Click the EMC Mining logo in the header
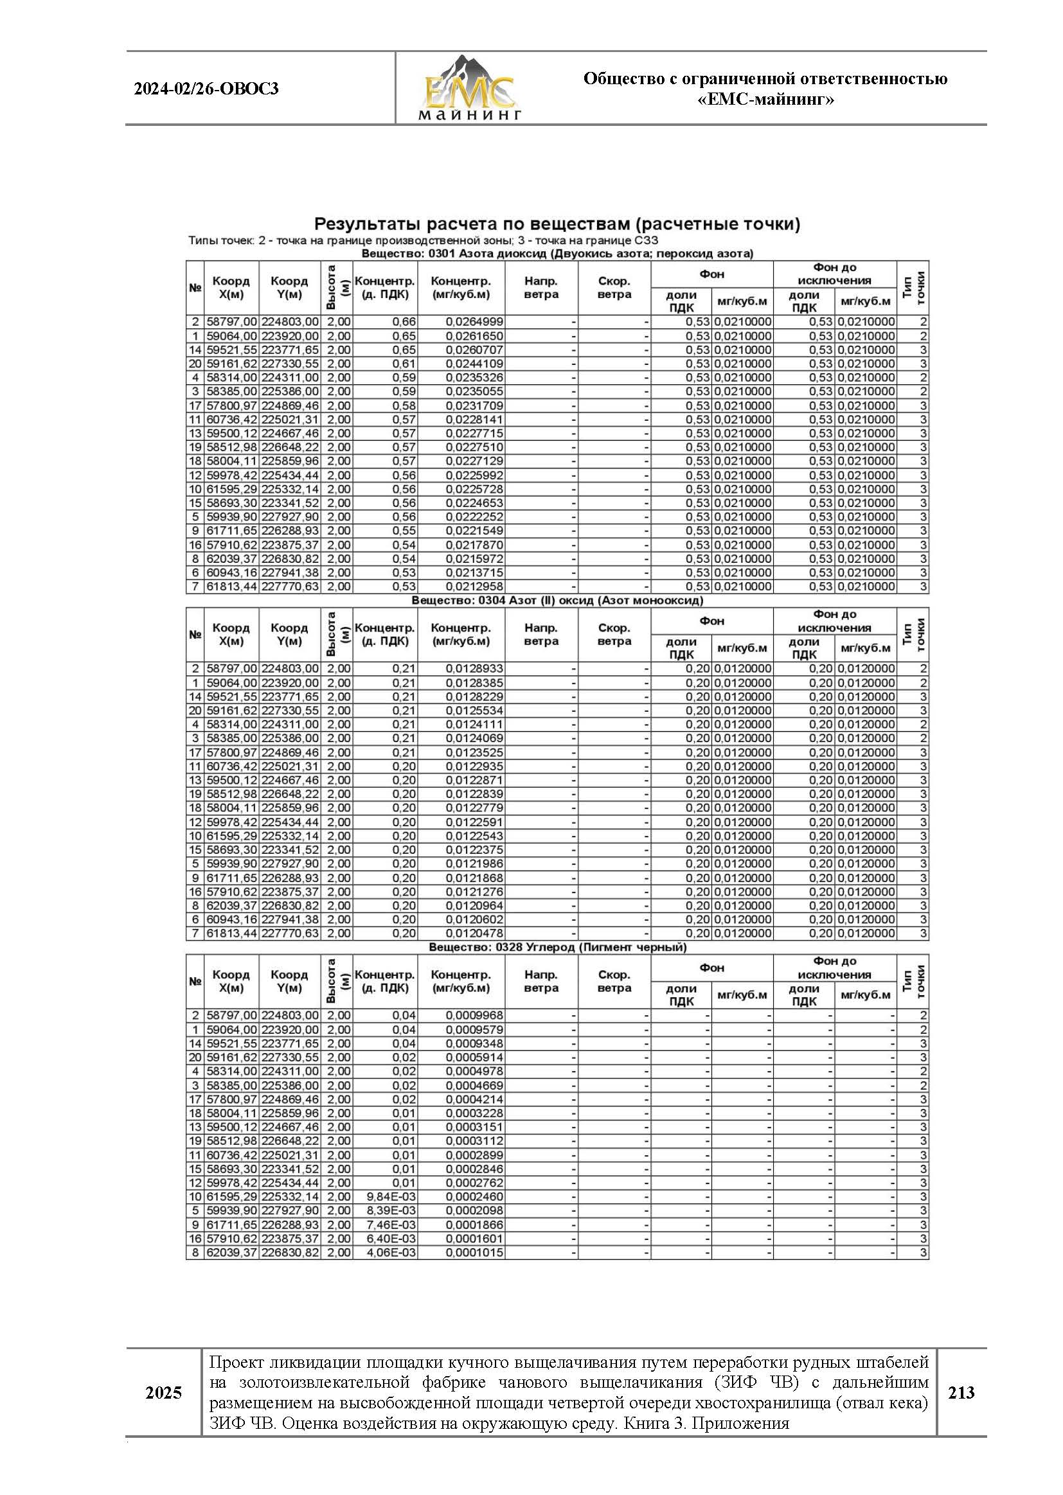click(469, 88)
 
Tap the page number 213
click(961, 1392)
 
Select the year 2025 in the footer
click(164, 1393)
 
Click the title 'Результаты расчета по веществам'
click(557, 224)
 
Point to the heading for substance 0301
click(557, 254)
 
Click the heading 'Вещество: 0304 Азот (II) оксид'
click(557, 601)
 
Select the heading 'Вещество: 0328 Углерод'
click(557, 948)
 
